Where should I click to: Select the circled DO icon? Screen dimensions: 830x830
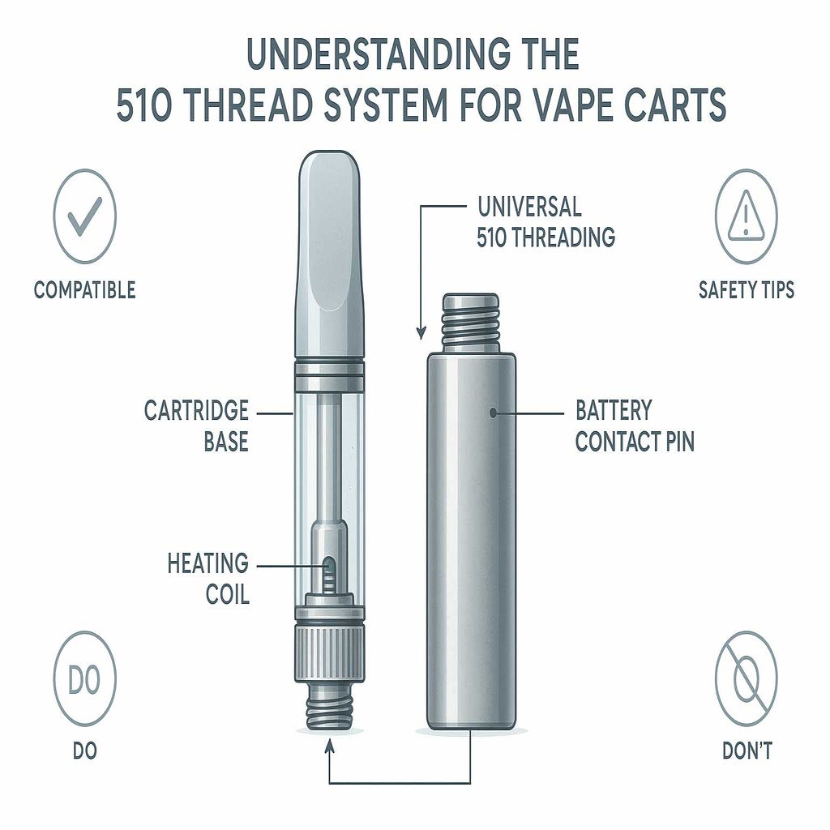(84, 679)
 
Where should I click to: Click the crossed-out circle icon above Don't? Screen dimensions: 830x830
(746, 679)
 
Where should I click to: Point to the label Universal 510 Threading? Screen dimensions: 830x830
(545, 221)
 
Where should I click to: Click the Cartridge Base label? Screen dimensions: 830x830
(196, 426)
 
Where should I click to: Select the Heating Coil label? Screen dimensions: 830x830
(208, 578)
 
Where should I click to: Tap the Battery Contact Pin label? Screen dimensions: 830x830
(635, 426)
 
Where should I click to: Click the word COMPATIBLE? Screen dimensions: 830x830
(84, 289)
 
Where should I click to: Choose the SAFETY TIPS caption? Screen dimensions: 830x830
(746, 289)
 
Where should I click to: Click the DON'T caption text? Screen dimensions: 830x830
(747, 751)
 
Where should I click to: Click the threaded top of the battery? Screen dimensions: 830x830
(471, 319)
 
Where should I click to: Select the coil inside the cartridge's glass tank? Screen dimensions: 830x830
(329, 573)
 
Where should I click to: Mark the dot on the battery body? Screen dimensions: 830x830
(494, 412)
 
